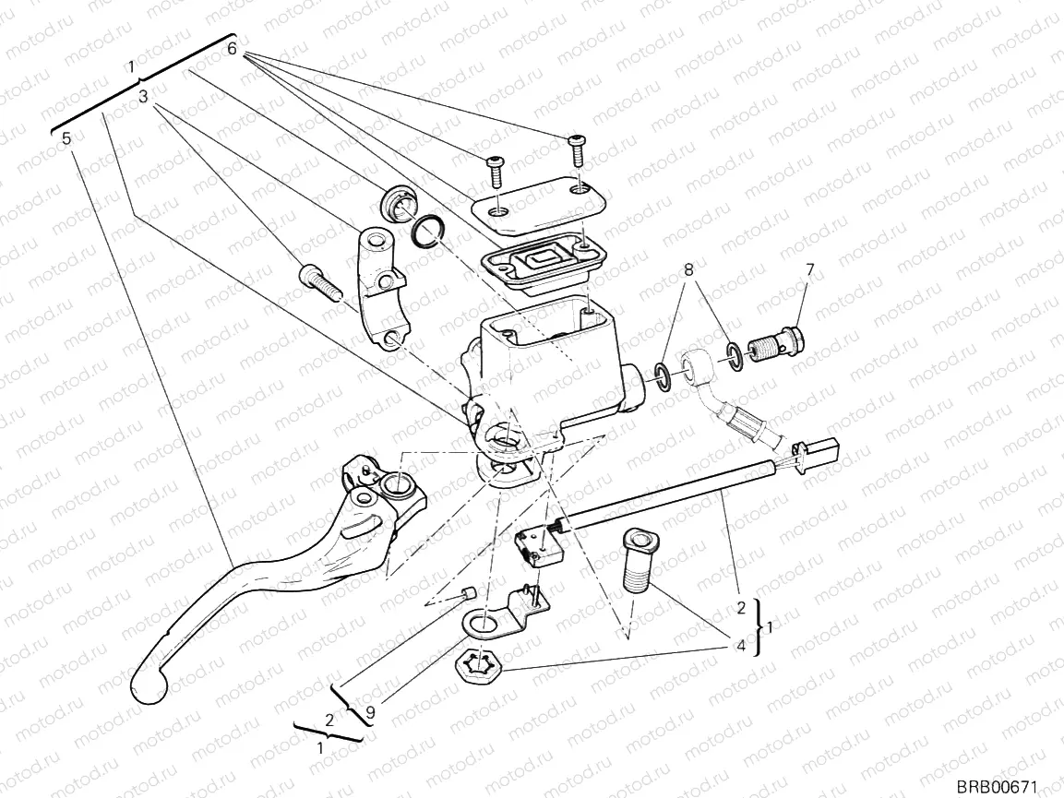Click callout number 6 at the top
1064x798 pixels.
[233, 48]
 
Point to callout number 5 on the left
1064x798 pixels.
[66, 138]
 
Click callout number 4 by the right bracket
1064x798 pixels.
[741, 647]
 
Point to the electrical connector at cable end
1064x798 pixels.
[822, 454]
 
